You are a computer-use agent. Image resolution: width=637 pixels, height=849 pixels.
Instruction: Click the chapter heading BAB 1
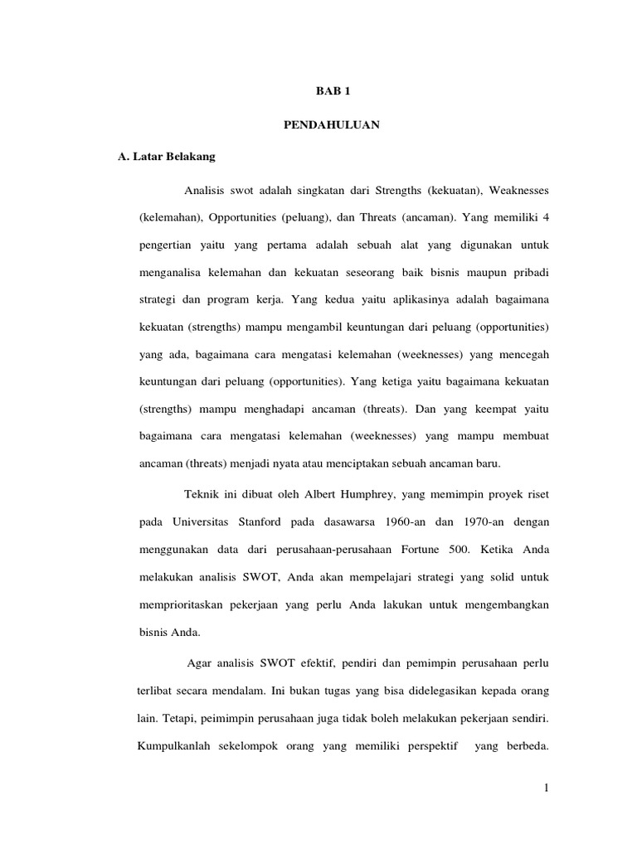pos(328,94)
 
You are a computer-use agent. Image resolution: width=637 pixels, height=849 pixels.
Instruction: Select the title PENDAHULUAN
pos(328,124)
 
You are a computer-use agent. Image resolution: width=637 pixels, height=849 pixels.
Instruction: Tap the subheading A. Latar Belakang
pos(167,155)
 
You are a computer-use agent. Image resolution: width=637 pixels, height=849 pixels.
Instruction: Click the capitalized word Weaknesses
pos(518,192)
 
